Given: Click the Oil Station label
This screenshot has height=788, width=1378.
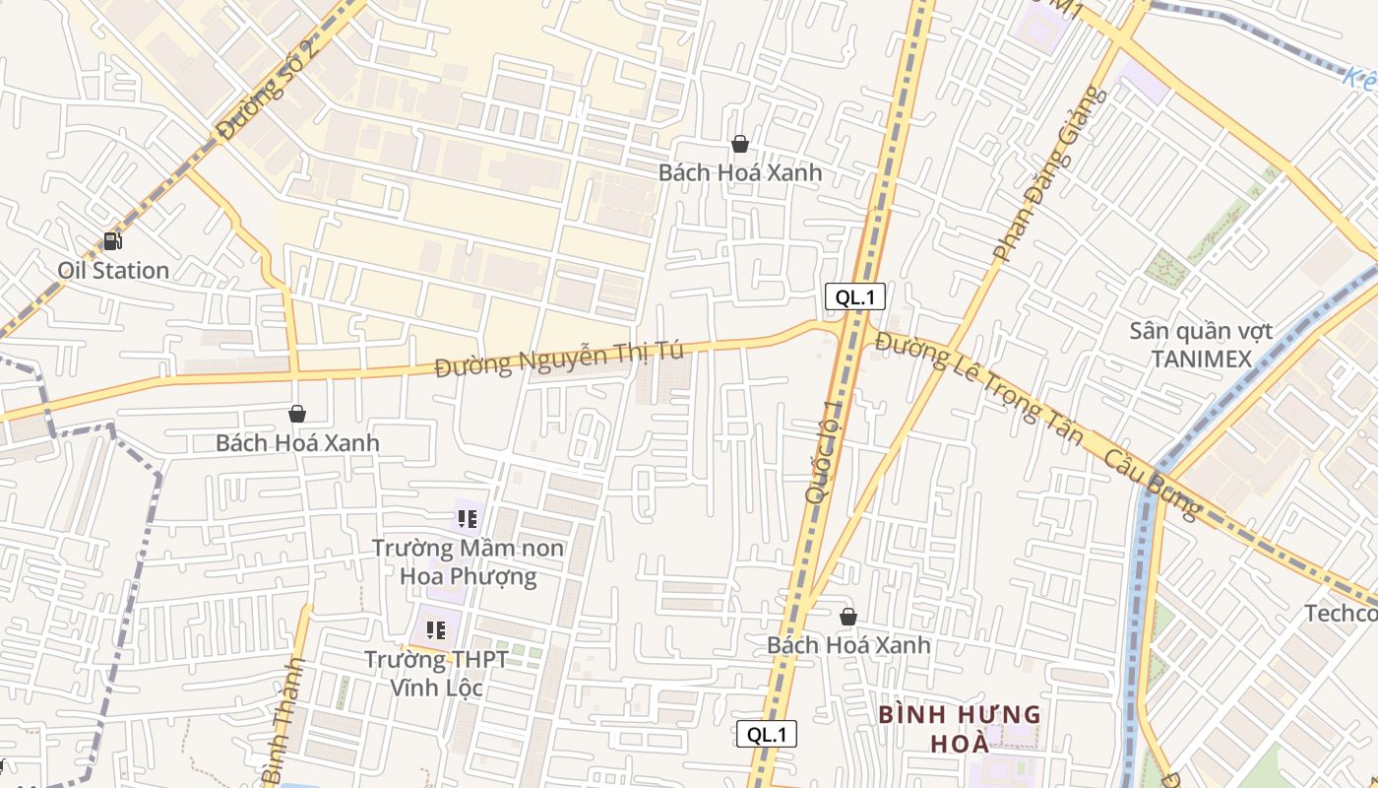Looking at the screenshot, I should [x=113, y=270].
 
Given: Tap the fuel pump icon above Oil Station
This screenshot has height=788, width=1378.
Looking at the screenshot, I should [x=113, y=240].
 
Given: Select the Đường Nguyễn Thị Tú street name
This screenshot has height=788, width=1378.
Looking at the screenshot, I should [x=559, y=359].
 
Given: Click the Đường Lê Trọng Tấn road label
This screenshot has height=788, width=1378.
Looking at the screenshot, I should [x=978, y=388].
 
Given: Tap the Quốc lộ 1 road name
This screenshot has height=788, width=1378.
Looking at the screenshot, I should [x=825, y=452].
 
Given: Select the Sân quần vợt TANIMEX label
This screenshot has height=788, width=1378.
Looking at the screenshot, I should [x=1201, y=345].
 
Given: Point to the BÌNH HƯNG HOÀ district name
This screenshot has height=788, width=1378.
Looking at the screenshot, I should [x=959, y=727].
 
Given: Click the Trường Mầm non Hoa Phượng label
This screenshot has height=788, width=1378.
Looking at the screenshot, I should [x=469, y=561].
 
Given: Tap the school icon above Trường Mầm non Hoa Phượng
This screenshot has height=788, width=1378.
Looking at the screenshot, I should [x=468, y=518].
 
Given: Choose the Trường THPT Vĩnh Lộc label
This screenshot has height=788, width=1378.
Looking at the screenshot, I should [x=436, y=673].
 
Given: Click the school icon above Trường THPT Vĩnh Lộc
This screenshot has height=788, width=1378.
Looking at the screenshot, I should [x=436, y=629].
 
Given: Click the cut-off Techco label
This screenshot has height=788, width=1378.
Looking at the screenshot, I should [x=1341, y=614].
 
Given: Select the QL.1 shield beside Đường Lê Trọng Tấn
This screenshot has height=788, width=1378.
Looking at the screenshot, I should [x=855, y=296].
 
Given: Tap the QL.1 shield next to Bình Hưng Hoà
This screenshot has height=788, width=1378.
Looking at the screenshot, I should [x=767, y=734].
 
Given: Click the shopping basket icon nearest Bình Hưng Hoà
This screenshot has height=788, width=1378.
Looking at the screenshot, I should [x=848, y=617].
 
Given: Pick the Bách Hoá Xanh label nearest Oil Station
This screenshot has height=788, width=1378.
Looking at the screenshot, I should [x=297, y=442].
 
